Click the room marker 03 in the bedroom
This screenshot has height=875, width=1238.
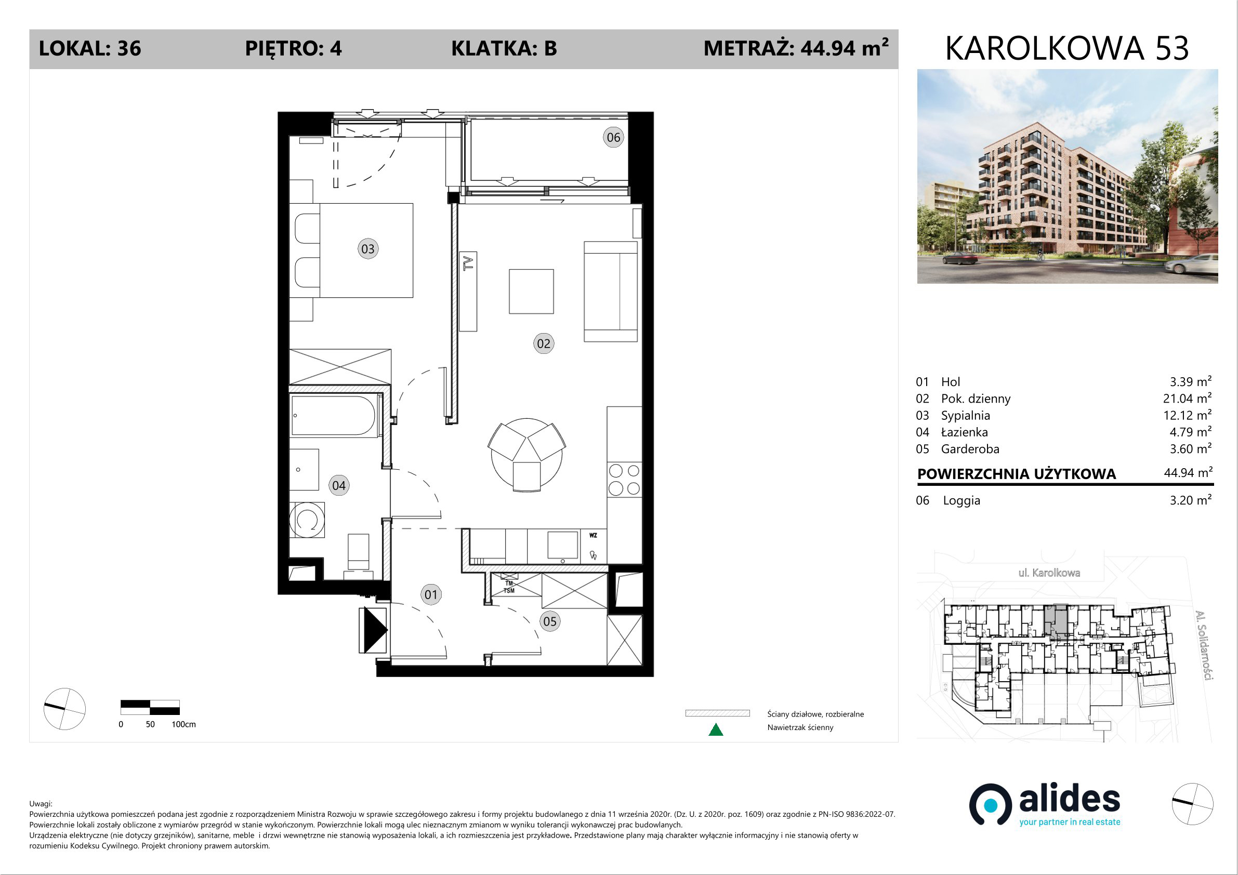tap(368, 249)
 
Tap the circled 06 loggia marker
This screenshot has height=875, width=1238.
tap(613, 138)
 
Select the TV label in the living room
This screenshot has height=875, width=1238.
tap(469, 263)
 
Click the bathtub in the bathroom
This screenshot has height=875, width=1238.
tap(334, 416)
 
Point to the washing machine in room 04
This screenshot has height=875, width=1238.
tap(307, 520)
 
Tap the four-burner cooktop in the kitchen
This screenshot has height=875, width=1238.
tap(624, 479)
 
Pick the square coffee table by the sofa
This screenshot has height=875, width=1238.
tap(531, 291)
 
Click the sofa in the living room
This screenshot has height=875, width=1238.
tap(611, 291)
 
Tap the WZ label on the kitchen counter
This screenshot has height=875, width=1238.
tap(593, 535)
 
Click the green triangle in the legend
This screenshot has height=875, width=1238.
tap(716, 730)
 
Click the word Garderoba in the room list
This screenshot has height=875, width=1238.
tap(970, 449)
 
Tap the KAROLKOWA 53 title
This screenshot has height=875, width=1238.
tap(1067, 48)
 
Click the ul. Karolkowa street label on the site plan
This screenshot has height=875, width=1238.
tap(1049, 573)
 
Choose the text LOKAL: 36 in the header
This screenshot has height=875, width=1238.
tap(90, 48)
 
